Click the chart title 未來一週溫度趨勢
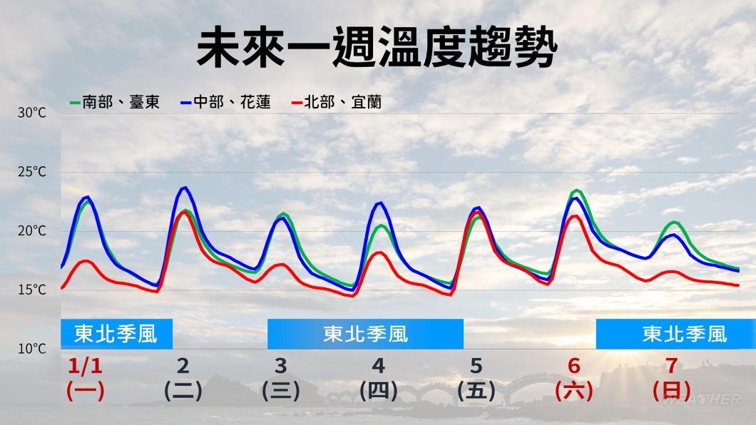[377, 47]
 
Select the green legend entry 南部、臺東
[115, 102]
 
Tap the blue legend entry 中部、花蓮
[225, 102]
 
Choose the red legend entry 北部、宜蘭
[337, 102]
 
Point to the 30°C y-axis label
[32, 113]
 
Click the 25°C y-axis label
[32, 172]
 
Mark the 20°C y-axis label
[32, 231]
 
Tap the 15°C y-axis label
[32, 290]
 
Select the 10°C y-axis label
[32, 349]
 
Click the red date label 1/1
[85, 367]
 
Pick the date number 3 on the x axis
[280, 367]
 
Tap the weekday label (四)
[379, 391]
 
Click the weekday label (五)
[476, 391]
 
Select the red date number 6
[573, 367]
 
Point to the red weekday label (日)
[672, 391]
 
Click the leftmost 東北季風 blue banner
[116, 334]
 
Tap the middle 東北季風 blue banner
[365, 334]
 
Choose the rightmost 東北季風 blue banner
[676, 334]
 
